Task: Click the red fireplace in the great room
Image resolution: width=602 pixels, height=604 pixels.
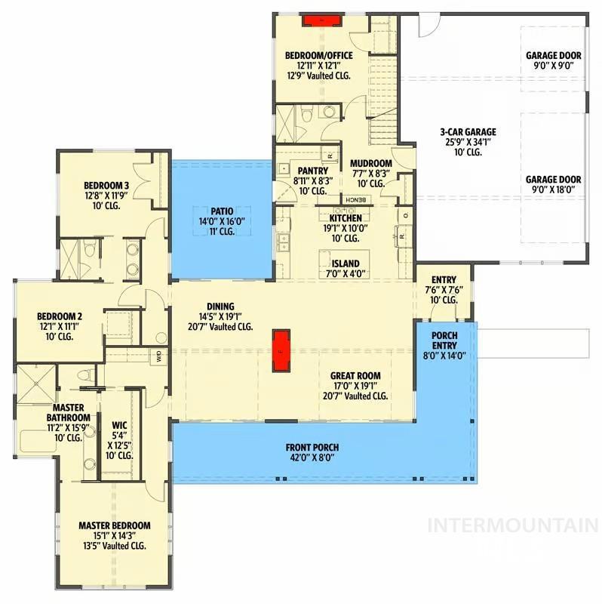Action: coord(281,350)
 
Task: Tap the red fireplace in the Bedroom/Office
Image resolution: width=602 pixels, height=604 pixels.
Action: coord(322,20)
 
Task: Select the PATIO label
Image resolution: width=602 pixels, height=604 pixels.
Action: coord(222,211)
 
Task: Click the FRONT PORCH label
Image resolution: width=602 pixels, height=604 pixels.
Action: coord(312,448)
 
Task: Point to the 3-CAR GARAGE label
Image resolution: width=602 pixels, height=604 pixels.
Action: coord(468,132)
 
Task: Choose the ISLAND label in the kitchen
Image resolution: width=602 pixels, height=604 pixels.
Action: coord(346,263)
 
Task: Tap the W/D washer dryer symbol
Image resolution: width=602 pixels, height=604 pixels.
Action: coord(159,356)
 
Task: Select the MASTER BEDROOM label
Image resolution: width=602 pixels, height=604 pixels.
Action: coord(115,525)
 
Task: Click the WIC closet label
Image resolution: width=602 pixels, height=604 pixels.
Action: coord(119,426)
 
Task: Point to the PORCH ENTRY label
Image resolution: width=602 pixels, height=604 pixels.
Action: coord(444,341)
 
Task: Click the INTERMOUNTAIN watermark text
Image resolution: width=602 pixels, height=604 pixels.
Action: coord(513,525)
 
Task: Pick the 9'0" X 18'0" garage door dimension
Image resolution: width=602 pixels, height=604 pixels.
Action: coord(553,190)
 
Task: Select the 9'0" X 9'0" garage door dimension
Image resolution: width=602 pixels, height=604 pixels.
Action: coord(554,66)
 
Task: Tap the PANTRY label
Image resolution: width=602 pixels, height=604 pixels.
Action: coord(313,171)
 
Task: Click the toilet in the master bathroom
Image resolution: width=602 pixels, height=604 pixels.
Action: coord(86,374)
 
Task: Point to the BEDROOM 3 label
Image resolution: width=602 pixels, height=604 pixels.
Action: coord(106,185)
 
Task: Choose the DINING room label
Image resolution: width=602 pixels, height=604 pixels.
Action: coord(220,307)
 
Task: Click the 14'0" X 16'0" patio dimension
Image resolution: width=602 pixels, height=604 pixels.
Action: coord(222,221)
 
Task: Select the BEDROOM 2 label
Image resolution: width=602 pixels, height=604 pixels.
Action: coord(60,316)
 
